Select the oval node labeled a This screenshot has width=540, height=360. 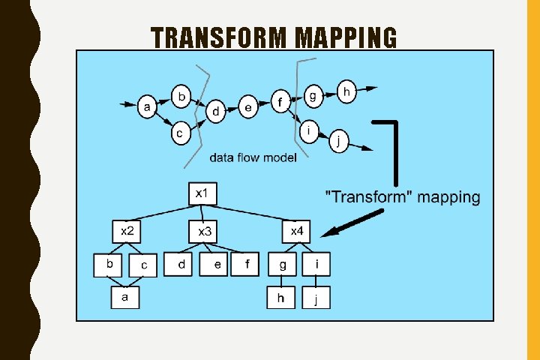[x=148, y=109]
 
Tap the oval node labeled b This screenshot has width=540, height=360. [x=181, y=96]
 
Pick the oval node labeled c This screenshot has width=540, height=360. [x=180, y=133]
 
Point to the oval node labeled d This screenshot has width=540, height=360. [x=216, y=112]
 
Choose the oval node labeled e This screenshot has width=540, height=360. [x=249, y=107]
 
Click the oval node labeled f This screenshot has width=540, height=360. [x=280, y=101]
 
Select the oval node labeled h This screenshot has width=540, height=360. [x=346, y=91]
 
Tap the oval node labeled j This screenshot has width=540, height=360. [x=340, y=140]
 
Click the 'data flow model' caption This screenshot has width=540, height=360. [x=253, y=157]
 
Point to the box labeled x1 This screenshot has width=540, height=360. [x=202, y=193]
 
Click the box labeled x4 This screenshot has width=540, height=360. [x=296, y=230]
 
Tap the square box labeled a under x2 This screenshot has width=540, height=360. [x=125, y=298]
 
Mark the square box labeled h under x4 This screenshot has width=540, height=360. [x=281, y=298]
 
